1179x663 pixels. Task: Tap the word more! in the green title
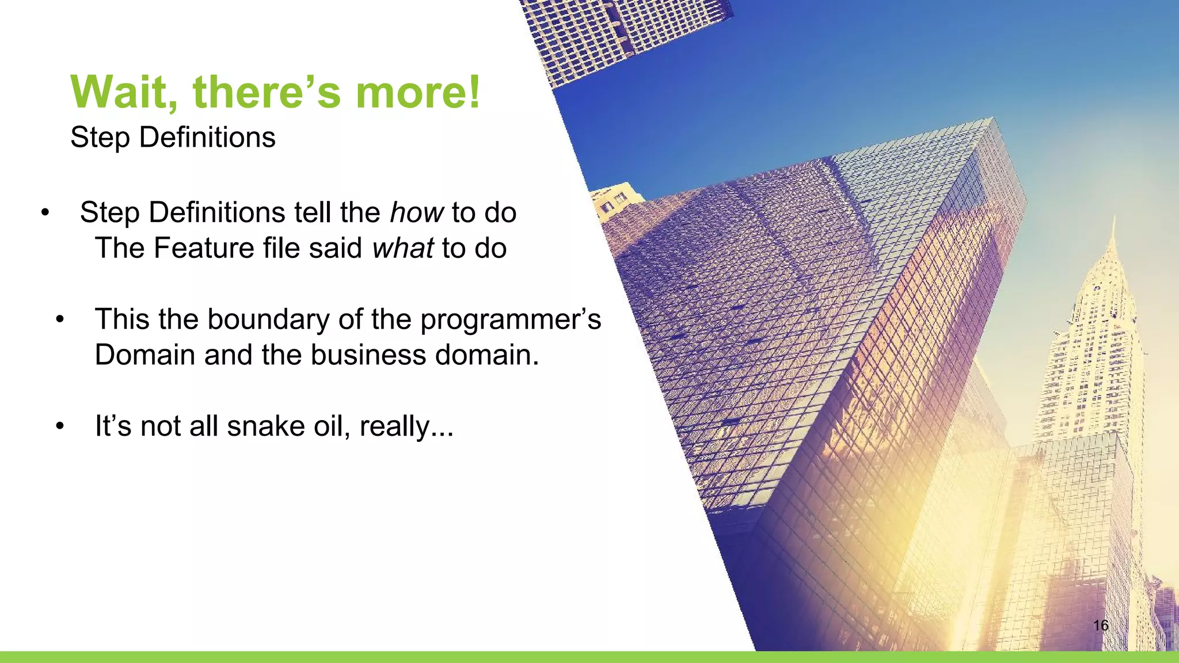[417, 92]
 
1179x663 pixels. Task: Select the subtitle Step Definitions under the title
[173, 138]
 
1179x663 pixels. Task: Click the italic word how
[416, 212]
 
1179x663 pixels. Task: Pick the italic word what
[402, 248]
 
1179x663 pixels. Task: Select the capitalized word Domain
[144, 355]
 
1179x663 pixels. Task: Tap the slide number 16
[1100, 626]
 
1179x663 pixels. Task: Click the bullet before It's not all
[59, 427]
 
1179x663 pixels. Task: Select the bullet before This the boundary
[59, 320]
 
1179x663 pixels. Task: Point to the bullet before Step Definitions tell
[44, 214]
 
